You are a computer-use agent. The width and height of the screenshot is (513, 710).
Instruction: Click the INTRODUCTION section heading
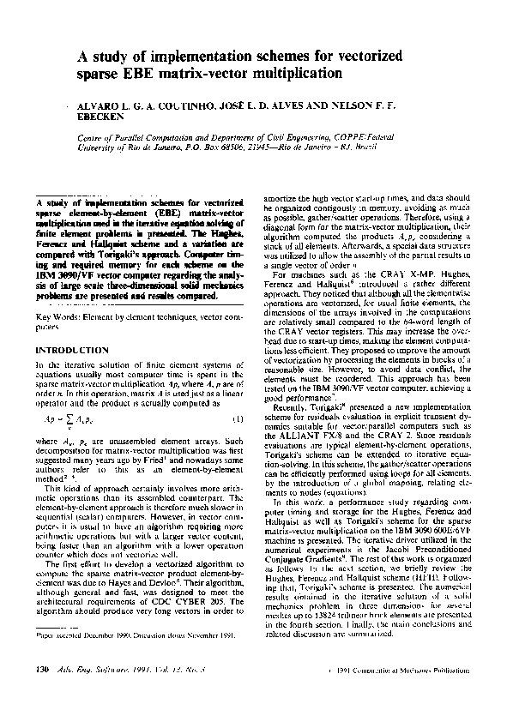pos(73,350)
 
